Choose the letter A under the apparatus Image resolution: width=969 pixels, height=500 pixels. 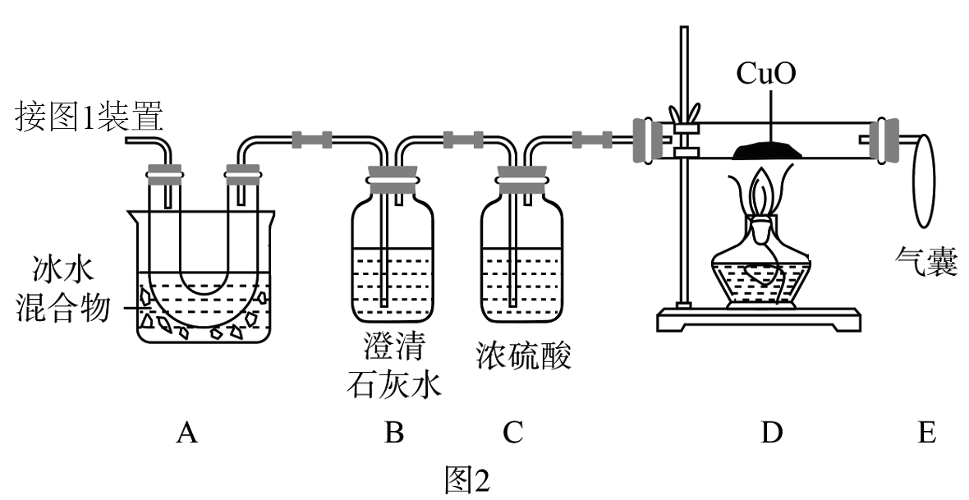coord(186,433)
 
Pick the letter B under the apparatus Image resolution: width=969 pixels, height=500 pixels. coord(395,433)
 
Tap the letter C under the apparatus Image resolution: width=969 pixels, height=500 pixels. coord(513,433)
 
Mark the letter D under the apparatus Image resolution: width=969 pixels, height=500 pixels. coord(769,433)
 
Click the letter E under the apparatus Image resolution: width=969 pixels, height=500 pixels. coord(926,433)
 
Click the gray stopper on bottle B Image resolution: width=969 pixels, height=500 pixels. coord(392,180)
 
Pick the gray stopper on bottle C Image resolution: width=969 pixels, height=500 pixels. coord(521,180)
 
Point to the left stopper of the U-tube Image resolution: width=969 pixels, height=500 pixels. coord(164,174)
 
